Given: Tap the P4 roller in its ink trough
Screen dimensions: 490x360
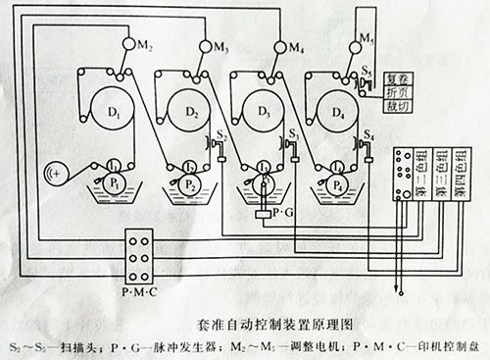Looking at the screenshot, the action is point(337,183).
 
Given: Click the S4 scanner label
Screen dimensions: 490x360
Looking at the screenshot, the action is point(367,133).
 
